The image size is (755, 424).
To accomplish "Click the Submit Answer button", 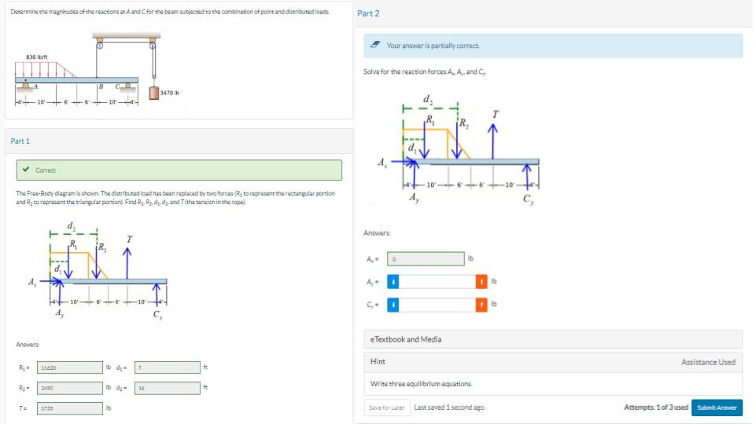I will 716,408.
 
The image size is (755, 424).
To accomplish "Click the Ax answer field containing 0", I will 425,258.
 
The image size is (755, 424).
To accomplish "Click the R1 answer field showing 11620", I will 69,367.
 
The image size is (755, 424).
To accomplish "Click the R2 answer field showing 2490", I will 69,388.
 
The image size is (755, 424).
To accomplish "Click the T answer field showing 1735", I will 69,408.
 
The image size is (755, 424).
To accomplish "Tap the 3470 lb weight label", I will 169,93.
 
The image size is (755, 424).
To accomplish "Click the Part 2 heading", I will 368,13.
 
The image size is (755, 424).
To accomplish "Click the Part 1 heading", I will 20,141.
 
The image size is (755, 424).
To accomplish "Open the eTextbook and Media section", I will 406,339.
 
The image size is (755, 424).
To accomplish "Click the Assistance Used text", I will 709,362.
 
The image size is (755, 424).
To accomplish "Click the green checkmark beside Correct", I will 26,170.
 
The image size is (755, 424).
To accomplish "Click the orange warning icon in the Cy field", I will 481,304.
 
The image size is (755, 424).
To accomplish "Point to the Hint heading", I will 377,362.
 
